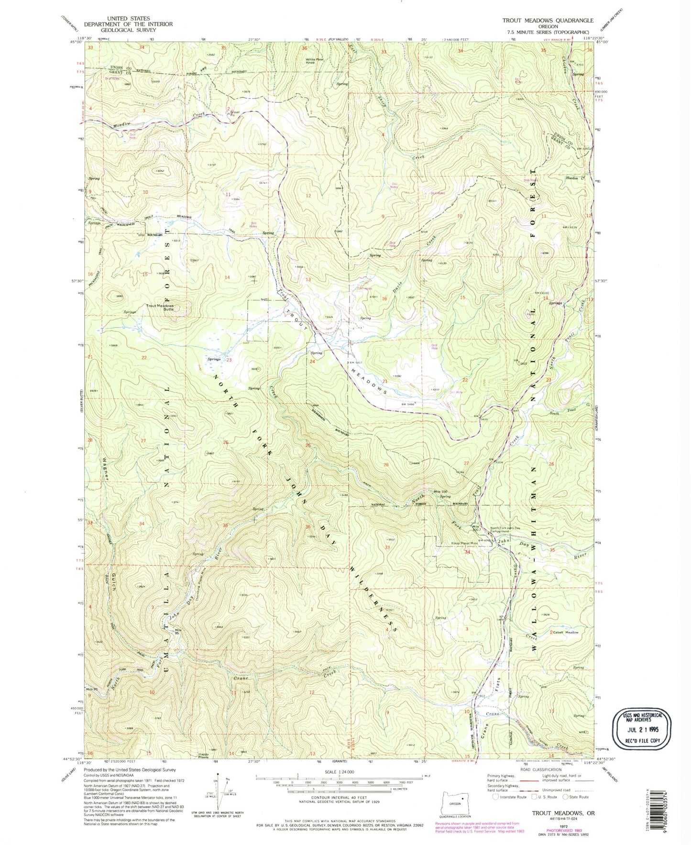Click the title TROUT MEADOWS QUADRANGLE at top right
coord(548,21)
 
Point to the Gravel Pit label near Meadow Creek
coord(231,112)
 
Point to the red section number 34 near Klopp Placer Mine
coord(467,552)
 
